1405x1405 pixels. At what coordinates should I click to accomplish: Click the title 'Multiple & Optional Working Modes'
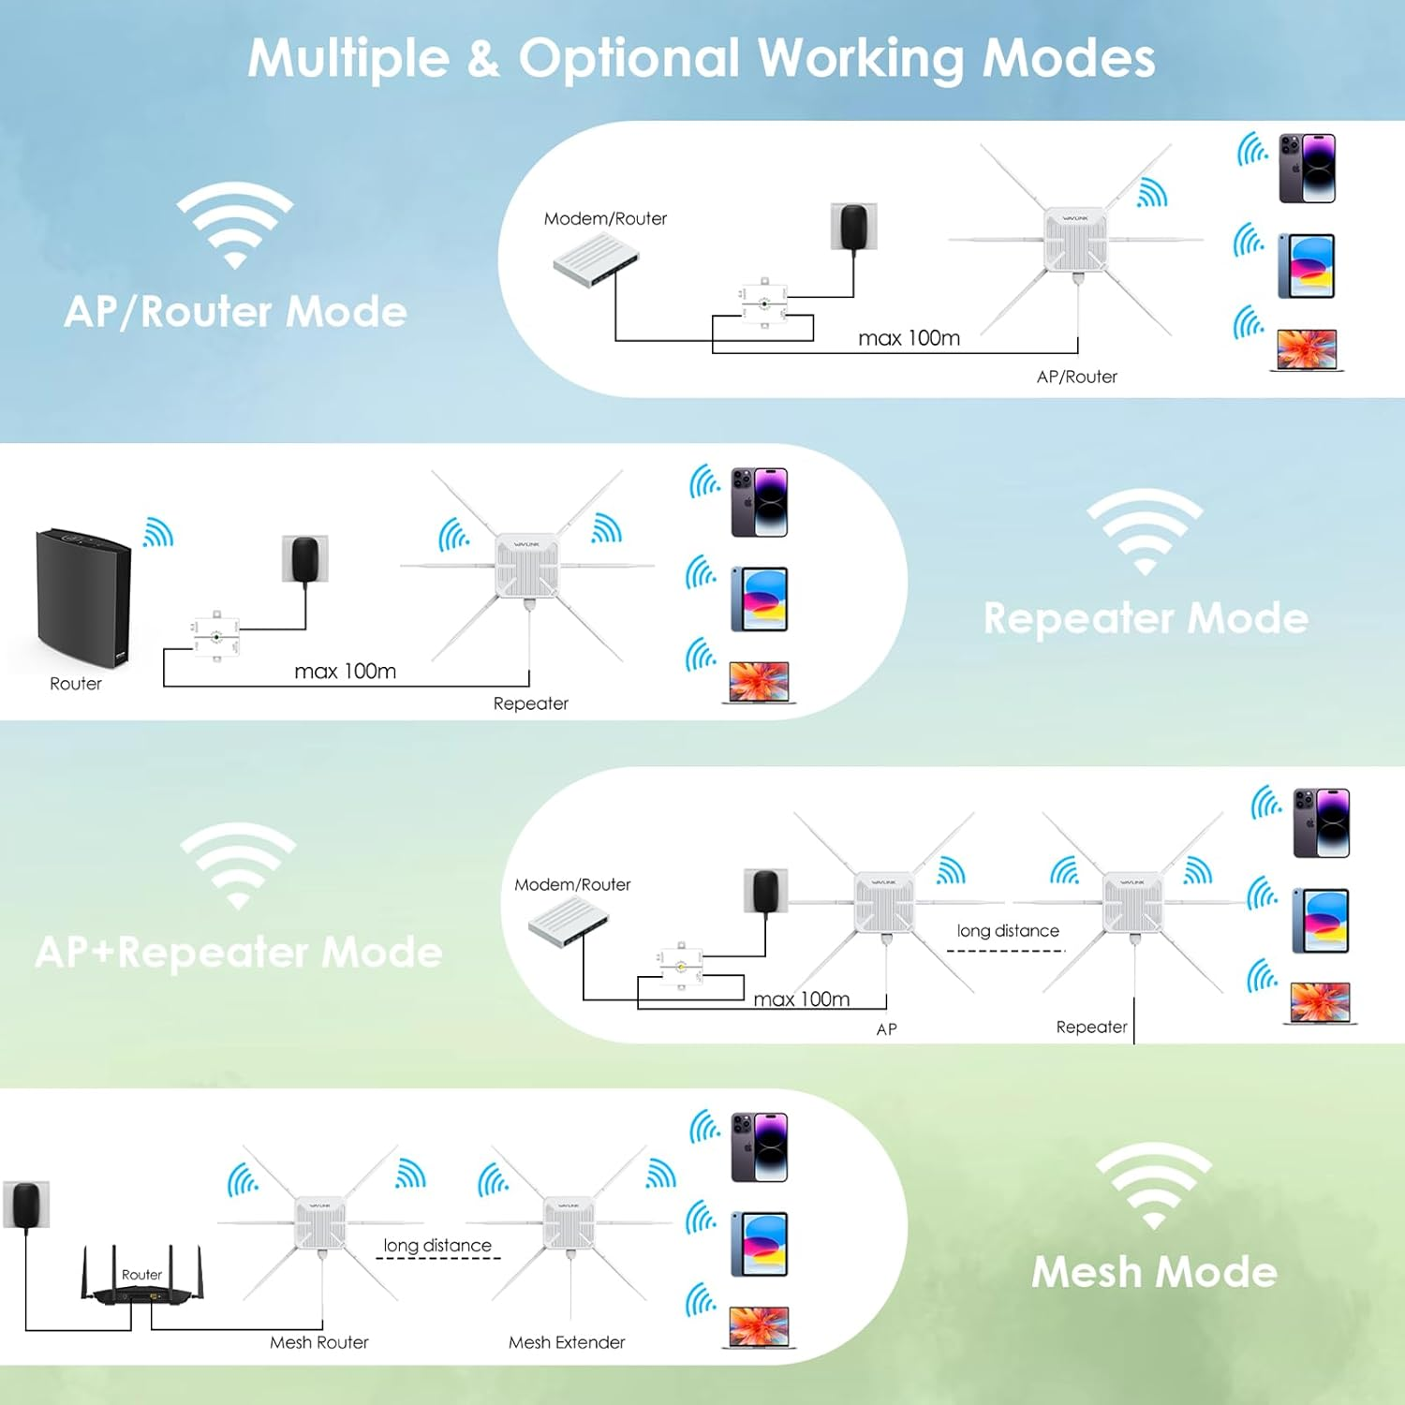[x=701, y=58]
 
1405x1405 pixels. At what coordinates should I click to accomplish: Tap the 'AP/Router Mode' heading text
[x=235, y=312]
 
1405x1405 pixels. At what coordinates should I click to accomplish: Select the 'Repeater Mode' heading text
[x=1145, y=618]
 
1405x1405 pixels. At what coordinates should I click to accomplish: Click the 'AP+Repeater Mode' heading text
[x=239, y=953]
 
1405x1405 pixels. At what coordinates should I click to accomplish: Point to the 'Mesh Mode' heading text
[x=1154, y=1272]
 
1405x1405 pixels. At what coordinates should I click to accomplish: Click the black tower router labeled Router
[x=83, y=597]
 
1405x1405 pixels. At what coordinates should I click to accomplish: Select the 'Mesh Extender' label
[x=567, y=1342]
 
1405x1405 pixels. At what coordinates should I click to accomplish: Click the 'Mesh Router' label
[x=318, y=1342]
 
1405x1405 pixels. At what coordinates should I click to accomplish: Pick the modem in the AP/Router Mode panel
[x=596, y=259]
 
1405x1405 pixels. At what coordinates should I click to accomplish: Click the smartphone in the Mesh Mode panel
[x=759, y=1147]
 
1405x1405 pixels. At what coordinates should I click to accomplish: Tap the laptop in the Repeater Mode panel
[x=759, y=682]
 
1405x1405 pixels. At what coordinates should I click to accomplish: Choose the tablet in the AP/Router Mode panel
[x=1307, y=266]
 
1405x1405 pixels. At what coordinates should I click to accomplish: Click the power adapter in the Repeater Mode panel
[x=305, y=559]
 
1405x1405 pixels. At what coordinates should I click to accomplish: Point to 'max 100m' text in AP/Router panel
[x=909, y=338]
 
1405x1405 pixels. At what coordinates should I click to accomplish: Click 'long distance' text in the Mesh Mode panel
[x=437, y=1245]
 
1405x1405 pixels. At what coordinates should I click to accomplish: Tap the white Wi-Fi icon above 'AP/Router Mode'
[x=235, y=224]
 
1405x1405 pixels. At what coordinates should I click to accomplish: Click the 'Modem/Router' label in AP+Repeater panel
[x=572, y=884]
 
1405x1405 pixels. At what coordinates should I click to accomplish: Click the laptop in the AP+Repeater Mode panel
[x=1320, y=1002]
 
